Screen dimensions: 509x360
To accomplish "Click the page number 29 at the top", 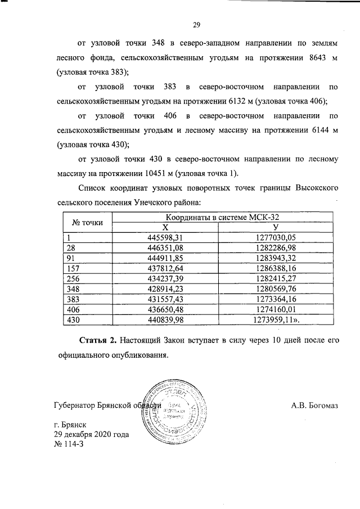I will pyautogui.click(x=197, y=24).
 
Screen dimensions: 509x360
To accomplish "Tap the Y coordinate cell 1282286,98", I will pyautogui.click(x=275, y=247).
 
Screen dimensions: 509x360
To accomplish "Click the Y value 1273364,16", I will pyautogui.click(x=275, y=299).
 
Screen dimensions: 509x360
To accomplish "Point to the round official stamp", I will pyautogui.click(x=175, y=413).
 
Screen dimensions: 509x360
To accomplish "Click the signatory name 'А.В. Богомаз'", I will pyautogui.click(x=314, y=405).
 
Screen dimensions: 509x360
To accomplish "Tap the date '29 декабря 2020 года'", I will pyautogui.click(x=92, y=434).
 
